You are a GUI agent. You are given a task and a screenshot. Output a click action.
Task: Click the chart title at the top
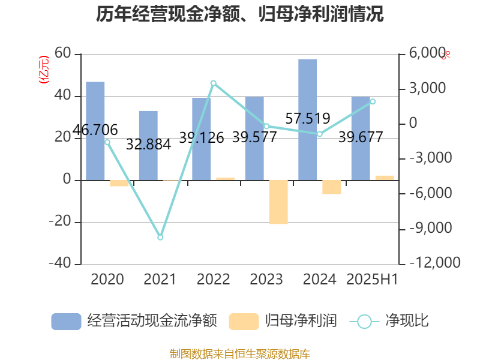[x=240, y=14]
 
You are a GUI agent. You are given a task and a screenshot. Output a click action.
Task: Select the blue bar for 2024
[x=308, y=119]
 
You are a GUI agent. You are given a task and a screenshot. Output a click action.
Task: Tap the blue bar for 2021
[x=148, y=145]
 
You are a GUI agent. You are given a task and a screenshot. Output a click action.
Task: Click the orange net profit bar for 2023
[x=278, y=202]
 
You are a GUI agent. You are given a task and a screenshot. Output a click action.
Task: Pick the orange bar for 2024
[x=331, y=187]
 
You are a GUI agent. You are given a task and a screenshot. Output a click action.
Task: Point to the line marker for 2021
[x=160, y=238]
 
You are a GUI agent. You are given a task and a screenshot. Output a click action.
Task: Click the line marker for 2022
[x=213, y=83]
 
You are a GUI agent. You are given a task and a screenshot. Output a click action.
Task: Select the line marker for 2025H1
[x=373, y=101]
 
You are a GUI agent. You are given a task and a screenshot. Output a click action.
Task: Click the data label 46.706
[x=95, y=130]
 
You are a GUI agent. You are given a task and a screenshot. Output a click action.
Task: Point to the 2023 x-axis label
[x=266, y=280]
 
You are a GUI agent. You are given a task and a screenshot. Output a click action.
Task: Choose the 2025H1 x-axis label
[x=373, y=280]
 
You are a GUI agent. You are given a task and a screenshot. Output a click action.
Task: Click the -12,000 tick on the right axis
[x=436, y=263]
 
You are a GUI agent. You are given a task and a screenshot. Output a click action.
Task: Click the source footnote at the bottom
[x=240, y=353]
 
